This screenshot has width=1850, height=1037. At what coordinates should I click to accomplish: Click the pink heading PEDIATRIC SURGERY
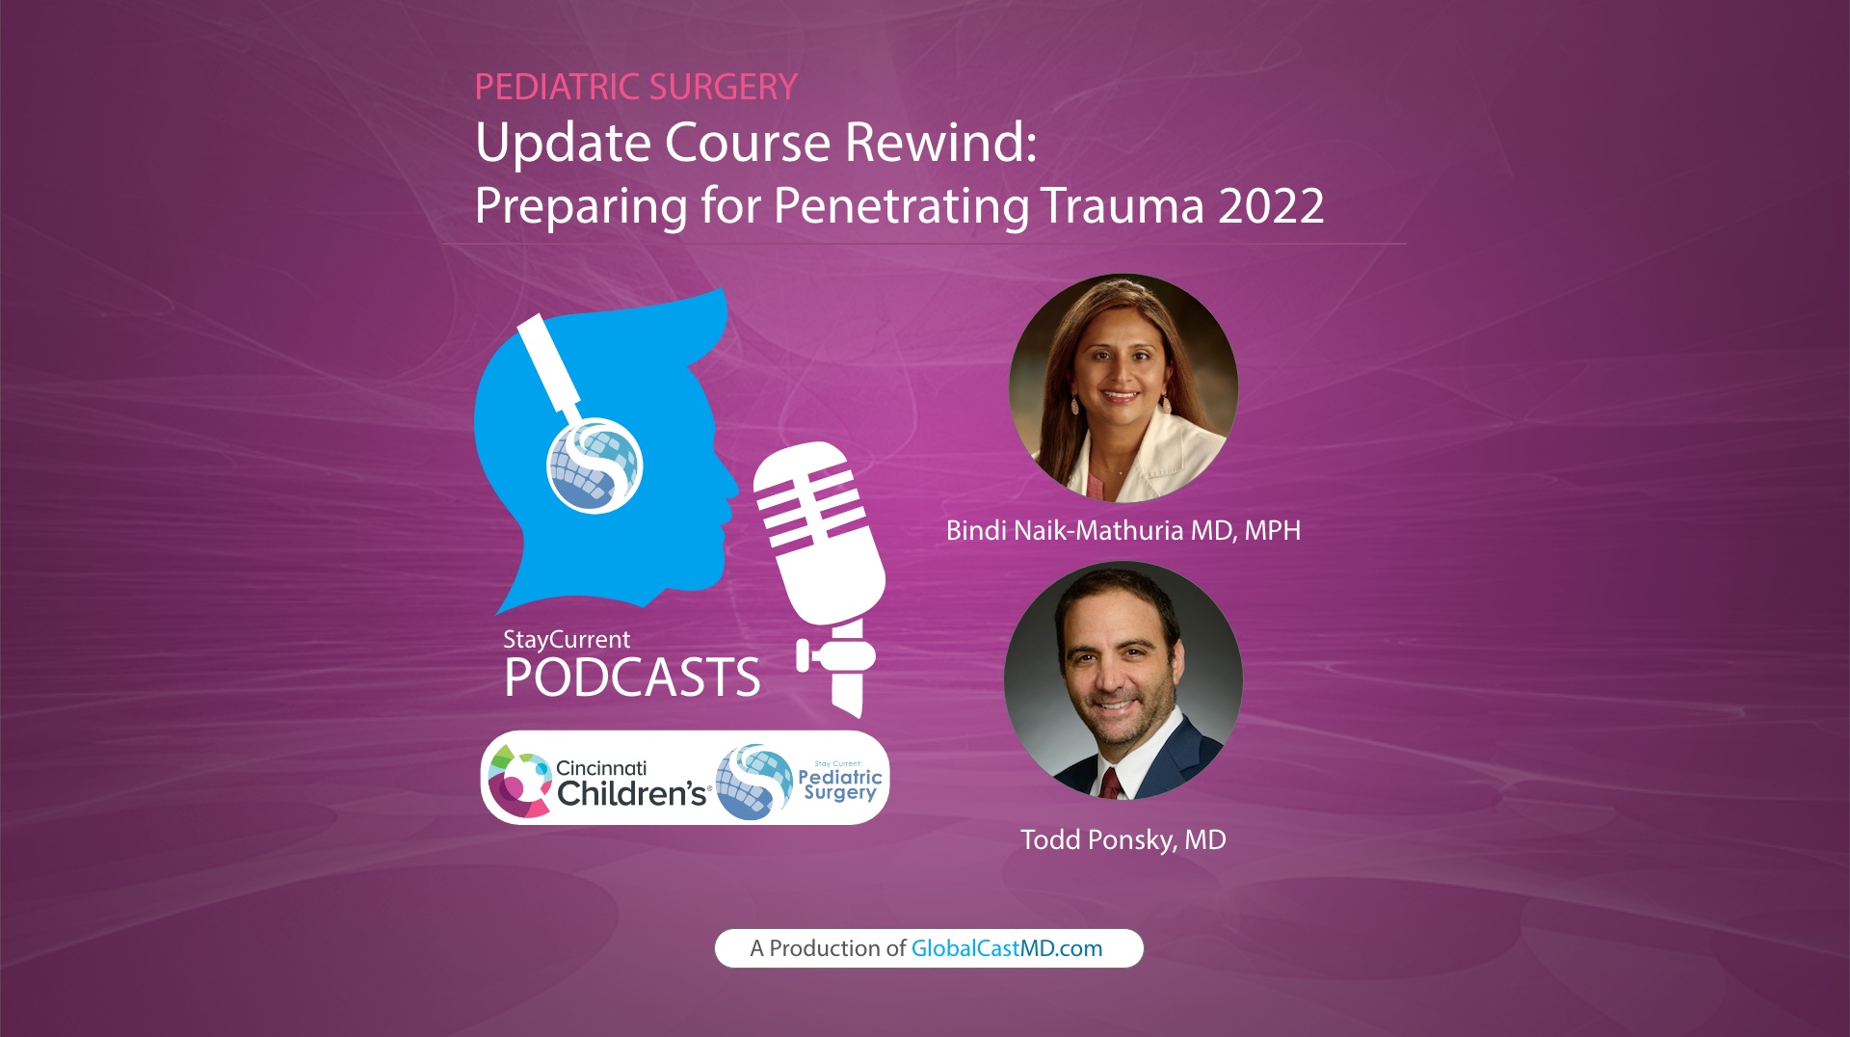tap(636, 88)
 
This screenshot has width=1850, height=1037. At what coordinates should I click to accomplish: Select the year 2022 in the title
tap(1271, 206)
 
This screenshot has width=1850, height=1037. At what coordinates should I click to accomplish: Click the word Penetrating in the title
tap(901, 206)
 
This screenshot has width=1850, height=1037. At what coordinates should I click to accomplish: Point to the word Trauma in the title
tap(1122, 206)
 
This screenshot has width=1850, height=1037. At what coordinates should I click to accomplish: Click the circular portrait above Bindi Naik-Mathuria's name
tap(1123, 388)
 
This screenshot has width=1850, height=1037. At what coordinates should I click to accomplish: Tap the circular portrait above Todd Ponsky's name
tap(1123, 680)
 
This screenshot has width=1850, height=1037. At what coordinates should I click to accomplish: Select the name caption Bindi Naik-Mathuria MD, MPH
tap(1123, 531)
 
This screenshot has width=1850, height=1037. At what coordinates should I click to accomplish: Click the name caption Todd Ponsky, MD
tap(1123, 840)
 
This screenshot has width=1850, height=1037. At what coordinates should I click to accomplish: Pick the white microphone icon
tap(825, 540)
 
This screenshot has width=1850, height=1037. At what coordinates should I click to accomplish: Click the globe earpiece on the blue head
tap(595, 465)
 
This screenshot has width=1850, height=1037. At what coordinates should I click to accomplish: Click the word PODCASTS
tap(632, 678)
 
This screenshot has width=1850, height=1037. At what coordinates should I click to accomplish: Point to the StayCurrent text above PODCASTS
tap(567, 640)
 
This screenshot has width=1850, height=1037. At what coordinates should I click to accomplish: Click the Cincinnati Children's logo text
tap(631, 783)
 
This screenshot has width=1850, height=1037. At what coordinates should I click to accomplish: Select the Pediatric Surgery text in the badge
tap(840, 784)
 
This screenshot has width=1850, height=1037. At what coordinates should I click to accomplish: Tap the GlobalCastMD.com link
tap(1007, 949)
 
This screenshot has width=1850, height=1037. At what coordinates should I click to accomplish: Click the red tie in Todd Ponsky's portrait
tap(1112, 783)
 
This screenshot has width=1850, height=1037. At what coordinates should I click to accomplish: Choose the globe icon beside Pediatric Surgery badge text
tap(754, 782)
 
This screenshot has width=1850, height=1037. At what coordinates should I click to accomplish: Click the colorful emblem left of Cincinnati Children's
tap(517, 782)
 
